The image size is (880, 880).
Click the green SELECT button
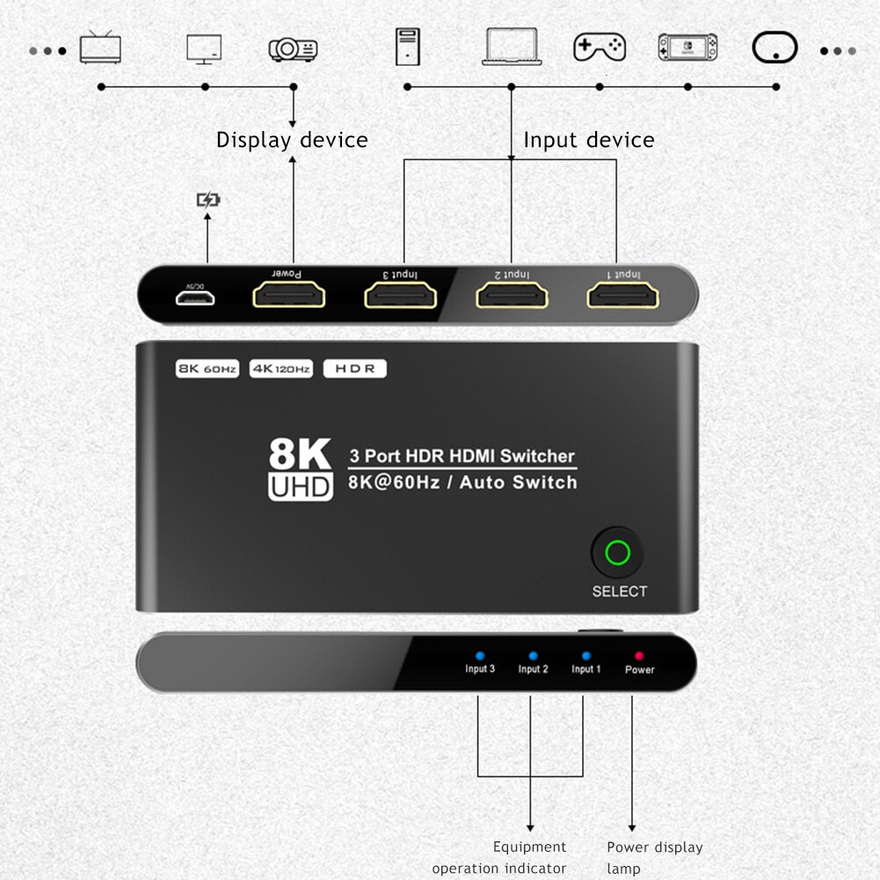(x=618, y=553)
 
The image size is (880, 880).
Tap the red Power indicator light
(x=639, y=656)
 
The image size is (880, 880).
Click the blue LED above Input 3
(x=479, y=656)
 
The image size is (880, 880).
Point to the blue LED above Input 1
(x=586, y=656)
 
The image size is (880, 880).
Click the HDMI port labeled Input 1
(x=622, y=295)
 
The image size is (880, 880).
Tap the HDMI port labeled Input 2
(x=512, y=295)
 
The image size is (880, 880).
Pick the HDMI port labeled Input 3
(x=400, y=295)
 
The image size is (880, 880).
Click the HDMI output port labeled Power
(x=288, y=295)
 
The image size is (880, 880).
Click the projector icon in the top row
(x=293, y=49)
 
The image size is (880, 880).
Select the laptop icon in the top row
(x=511, y=47)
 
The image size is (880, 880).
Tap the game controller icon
(x=599, y=47)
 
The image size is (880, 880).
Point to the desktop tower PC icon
(x=407, y=47)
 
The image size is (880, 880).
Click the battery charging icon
(x=207, y=200)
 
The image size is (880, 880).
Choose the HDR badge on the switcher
(x=355, y=369)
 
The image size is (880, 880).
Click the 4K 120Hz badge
(x=281, y=369)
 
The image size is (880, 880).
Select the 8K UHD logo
(x=300, y=470)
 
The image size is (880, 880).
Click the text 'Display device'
(x=292, y=140)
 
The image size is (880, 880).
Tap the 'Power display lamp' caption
(x=654, y=857)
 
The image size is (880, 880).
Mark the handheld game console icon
(x=687, y=47)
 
